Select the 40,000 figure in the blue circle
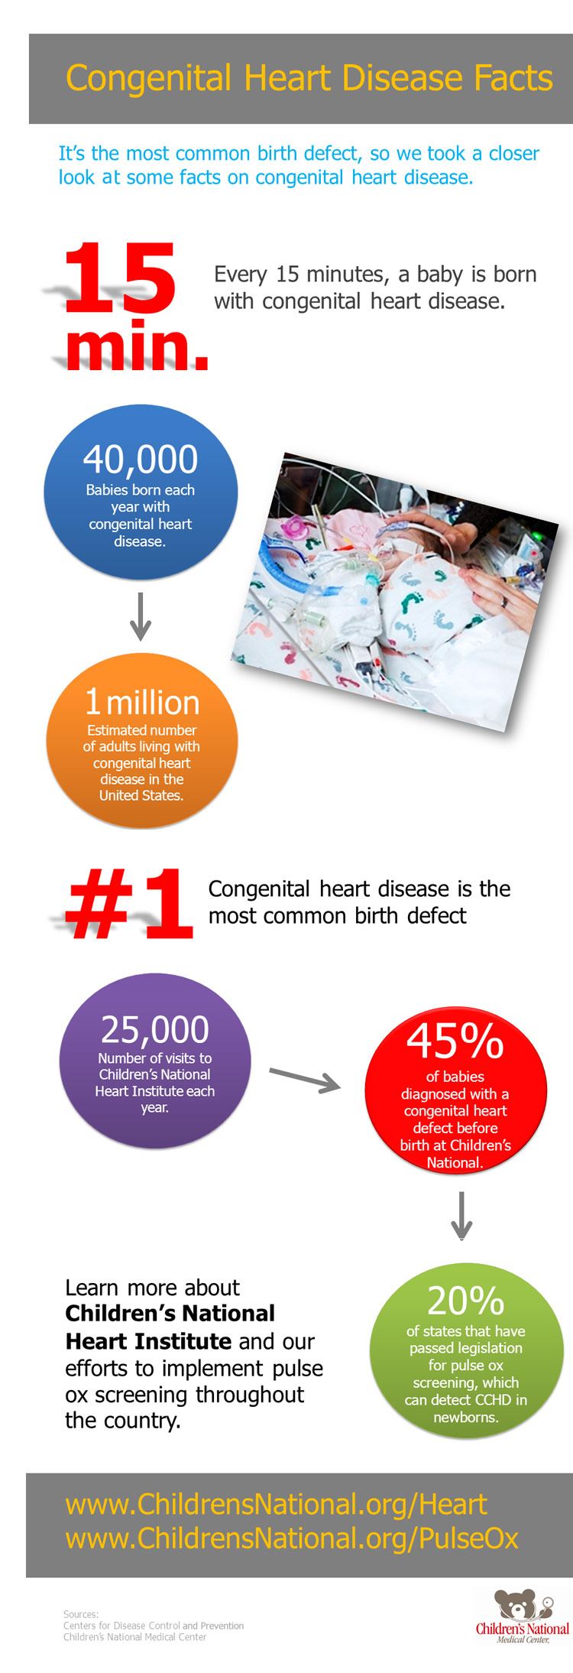[141, 460]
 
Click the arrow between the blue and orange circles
[141, 616]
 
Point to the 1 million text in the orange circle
[142, 702]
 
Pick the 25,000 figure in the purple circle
[155, 1029]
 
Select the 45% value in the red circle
[455, 1041]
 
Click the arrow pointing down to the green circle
[461, 1215]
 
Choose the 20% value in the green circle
[465, 1300]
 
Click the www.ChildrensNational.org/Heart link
[277, 1504]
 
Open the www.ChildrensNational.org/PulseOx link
[292, 1538]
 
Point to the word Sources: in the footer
[81, 1614]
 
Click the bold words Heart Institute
[148, 1341]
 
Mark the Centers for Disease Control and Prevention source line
[154, 1626]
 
